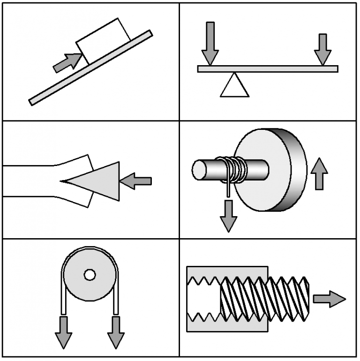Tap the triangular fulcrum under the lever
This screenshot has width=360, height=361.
click(234, 87)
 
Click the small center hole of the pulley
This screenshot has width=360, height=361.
click(90, 275)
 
